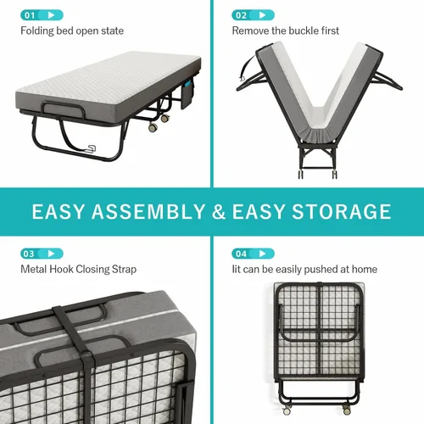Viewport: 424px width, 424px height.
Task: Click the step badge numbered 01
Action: (x=42, y=15)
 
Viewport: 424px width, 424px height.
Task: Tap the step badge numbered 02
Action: (x=253, y=15)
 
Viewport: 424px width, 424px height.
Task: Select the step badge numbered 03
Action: (x=42, y=254)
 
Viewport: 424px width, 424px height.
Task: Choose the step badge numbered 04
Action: (x=253, y=254)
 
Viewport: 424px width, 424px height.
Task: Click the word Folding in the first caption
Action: (x=37, y=31)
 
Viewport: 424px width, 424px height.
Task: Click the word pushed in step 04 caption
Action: (x=321, y=270)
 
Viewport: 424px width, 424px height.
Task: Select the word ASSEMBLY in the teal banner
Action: (x=148, y=211)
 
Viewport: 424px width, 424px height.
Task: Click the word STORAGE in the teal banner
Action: (x=342, y=211)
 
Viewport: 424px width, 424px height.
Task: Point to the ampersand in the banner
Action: (x=219, y=211)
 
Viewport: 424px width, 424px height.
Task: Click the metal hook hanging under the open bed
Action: (x=91, y=148)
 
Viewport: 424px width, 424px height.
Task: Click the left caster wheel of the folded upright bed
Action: (x=287, y=410)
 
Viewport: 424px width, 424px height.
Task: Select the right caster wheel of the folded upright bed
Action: (x=347, y=410)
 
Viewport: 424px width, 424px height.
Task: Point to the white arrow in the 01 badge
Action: (x=51, y=15)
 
